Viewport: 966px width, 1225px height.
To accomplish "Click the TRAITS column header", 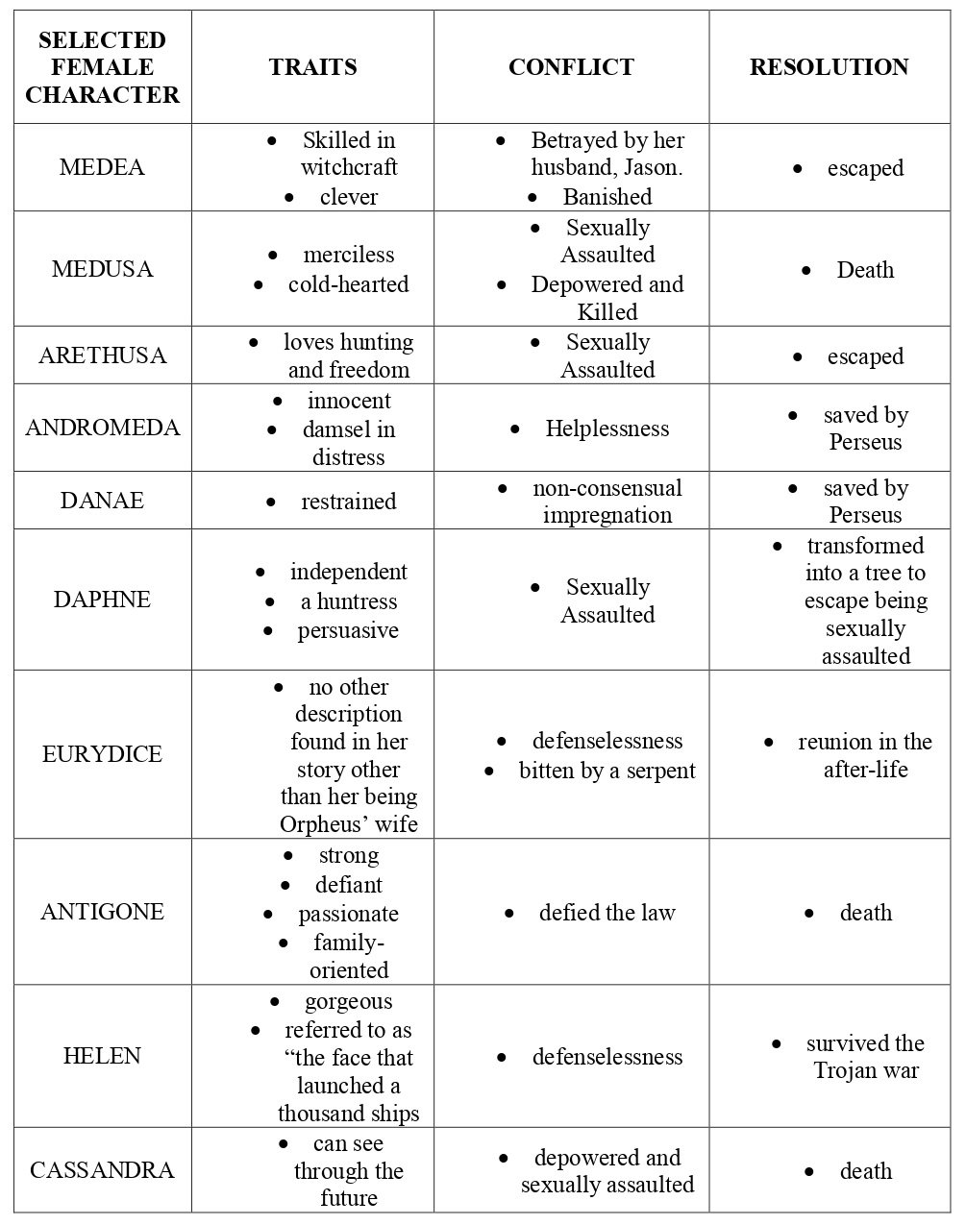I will (x=312, y=67).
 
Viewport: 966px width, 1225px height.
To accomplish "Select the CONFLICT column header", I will (x=571, y=67).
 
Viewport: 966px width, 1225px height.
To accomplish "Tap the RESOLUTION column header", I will (x=829, y=67).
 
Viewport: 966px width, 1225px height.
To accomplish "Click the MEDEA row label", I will (x=102, y=168).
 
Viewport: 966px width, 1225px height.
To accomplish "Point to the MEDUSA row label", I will (x=102, y=269).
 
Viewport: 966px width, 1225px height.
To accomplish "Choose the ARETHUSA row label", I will (x=102, y=355).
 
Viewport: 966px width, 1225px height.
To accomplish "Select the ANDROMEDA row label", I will (x=102, y=428).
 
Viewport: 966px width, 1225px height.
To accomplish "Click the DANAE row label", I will (x=102, y=501).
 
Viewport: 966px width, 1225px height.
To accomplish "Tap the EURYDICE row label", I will (x=102, y=754).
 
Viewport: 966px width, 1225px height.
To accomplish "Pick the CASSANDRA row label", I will (x=102, y=1170).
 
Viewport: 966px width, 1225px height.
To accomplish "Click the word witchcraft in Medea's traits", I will (x=349, y=167).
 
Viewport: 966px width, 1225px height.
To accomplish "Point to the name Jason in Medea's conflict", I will (x=655, y=168).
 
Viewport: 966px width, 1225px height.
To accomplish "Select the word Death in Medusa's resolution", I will (x=865, y=270).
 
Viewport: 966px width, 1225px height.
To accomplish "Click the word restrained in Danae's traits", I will (x=348, y=502).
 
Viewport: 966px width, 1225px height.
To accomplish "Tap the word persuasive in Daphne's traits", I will (x=348, y=630).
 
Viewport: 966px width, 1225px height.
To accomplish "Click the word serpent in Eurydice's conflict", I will (x=659, y=771).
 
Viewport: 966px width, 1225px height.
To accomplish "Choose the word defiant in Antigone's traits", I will (x=348, y=885).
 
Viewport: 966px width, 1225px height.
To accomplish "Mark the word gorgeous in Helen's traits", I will (x=348, y=1001).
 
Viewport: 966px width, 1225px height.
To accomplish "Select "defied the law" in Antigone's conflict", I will (x=607, y=913).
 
